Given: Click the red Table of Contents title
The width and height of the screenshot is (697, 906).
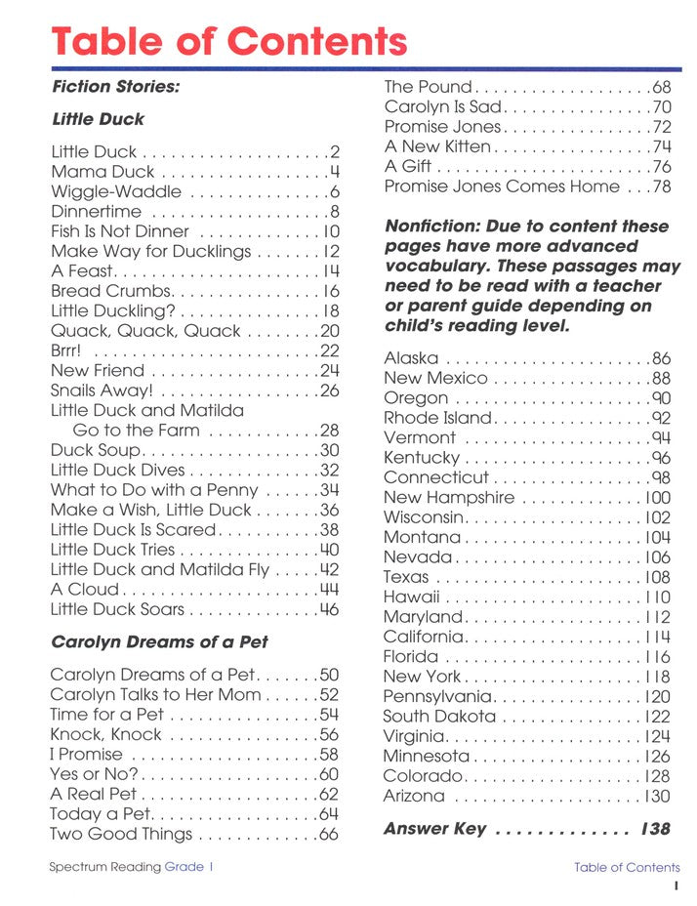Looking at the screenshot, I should coord(228,41).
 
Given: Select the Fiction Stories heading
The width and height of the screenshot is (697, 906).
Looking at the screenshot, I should coord(115,87).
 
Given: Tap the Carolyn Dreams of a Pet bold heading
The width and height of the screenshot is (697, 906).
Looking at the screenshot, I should coord(158,642).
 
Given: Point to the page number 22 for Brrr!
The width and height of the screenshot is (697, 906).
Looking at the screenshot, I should coord(329,350).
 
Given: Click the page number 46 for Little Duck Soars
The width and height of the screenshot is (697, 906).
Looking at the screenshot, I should coord(329,609).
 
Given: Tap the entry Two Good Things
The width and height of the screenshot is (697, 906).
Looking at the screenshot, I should coord(121,834).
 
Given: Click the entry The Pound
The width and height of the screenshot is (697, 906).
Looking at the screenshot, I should coord(427,87).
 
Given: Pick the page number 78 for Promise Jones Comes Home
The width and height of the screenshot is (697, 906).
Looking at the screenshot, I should coord(661,186).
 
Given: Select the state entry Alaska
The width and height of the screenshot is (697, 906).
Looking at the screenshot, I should coord(411,358).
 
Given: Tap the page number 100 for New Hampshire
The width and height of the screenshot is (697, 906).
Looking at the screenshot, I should coord(657,498).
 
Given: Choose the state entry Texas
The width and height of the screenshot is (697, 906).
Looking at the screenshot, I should coord(406,577).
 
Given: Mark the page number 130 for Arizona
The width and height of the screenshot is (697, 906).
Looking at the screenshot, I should coord(657,796).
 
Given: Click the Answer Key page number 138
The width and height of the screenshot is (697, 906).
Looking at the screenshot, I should coord(655,829).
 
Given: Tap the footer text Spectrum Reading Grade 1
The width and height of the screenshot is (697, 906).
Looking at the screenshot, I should coord(131,867).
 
